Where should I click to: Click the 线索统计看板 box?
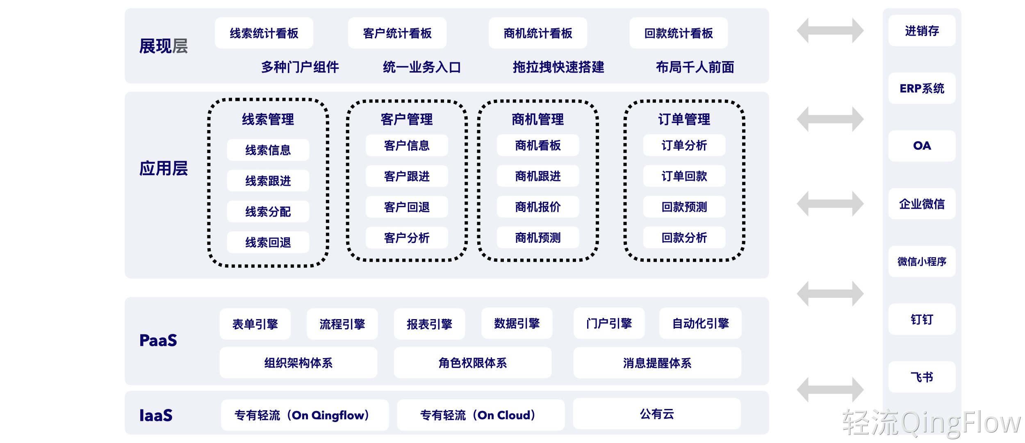coord(264,33)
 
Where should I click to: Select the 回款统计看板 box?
coord(679,33)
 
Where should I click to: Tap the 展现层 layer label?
coord(163,46)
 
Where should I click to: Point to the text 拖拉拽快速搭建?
coord(558,67)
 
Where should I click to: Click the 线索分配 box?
coord(268,212)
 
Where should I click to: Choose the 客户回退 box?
coord(407,207)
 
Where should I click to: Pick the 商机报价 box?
coord(538,207)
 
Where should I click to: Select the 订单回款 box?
coord(684,176)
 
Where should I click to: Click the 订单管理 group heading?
coord(684,119)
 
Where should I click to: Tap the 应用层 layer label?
coord(163,169)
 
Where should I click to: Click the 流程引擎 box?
coord(342,324)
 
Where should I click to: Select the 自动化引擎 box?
coord(700,323)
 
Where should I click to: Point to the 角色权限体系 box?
coord(473,363)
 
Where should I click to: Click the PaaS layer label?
coord(158,340)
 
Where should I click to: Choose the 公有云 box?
coord(657,414)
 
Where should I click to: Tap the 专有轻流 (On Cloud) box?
coord(481,415)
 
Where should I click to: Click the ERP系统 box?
coord(922,89)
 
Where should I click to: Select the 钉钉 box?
coord(922,319)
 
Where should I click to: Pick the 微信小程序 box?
coord(922,262)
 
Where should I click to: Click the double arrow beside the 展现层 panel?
coord(830,30)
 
